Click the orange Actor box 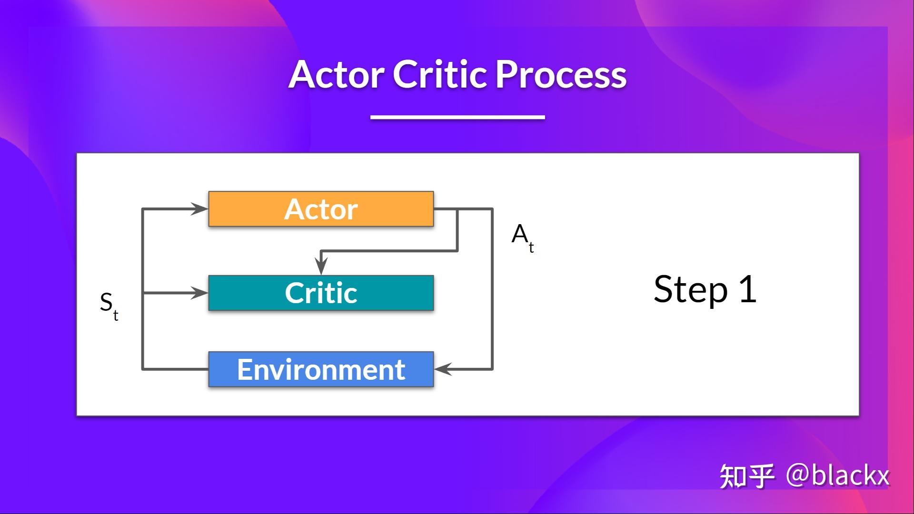(x=321, y=209)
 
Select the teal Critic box (x=321, y=293)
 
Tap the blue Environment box (x=321, y=369)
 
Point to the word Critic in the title (x=440, y=75)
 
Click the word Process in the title (x=561, y=75)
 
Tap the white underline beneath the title (x=457, y=117)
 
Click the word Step (x=690, y=289)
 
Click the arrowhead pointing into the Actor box (x=200, y=208)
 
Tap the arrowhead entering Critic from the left (x=200, y=293)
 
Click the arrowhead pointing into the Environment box (x=443, y=369)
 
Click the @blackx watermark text (x=838, y=475)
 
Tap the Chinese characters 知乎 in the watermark (x=746, y=476)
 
